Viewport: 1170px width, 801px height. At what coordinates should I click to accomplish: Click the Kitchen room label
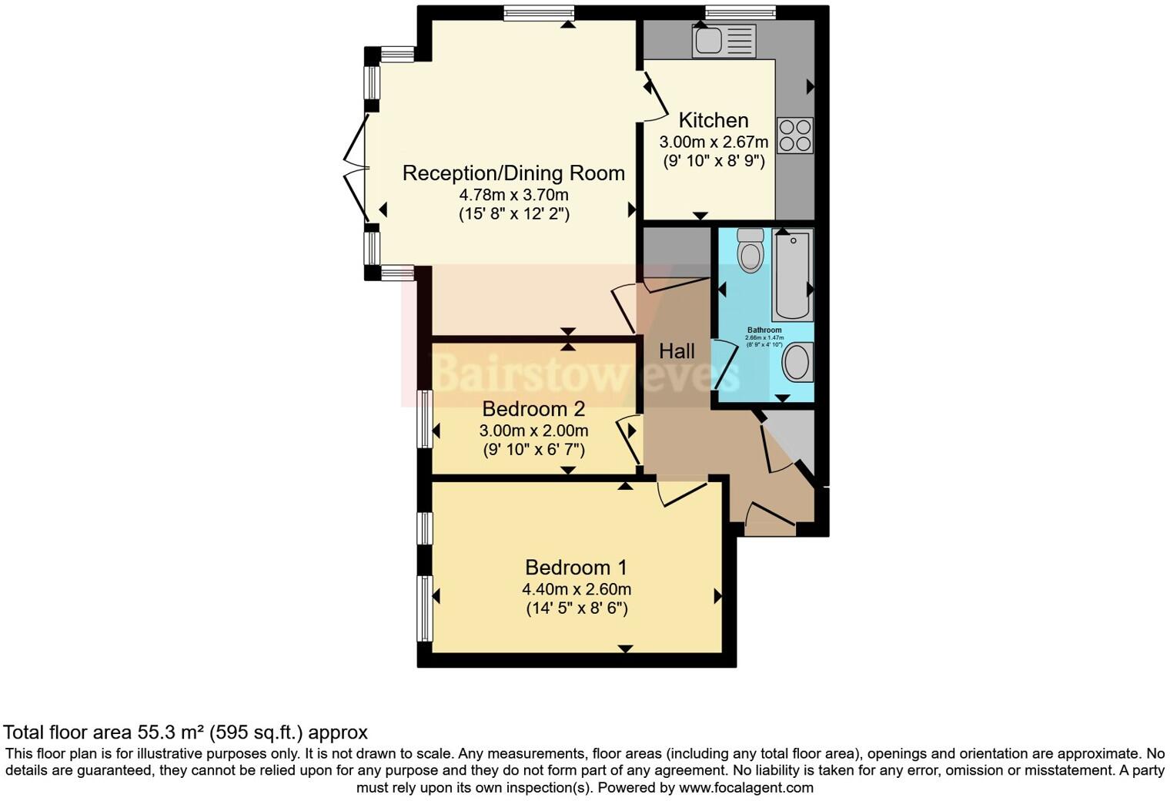[x=714, y=120]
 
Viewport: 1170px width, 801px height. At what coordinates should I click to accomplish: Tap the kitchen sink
[x=724, y=41]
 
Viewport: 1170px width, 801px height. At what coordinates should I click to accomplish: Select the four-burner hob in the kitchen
[x=794, y=136]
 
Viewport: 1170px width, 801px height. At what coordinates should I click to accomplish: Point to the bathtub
[x=792, y=275]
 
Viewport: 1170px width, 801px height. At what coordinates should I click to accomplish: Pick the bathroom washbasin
[x=797, y=361]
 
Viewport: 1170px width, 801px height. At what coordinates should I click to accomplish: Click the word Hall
[x=677, y=351]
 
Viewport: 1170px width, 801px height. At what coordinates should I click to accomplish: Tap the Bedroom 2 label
[x=533, y=409]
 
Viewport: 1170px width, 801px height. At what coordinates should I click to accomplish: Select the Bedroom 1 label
[x=576, y=568]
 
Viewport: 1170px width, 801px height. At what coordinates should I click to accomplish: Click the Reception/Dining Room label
[x=513, y=173]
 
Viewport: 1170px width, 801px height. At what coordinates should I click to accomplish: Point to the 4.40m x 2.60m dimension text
[x=577, y=589]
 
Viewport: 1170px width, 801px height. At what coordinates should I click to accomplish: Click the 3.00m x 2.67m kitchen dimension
[x=714, y=142]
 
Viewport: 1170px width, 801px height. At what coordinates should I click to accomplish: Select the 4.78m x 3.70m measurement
[x=513, y=194]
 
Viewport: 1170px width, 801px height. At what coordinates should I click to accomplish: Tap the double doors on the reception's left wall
[x=356, y=167]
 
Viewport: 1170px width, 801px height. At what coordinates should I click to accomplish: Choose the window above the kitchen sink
[x=740, y=12]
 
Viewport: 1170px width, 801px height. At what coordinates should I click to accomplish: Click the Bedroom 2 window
[x=424, y=418]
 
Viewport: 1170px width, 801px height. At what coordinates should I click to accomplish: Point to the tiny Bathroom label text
[x=764, y=330]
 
